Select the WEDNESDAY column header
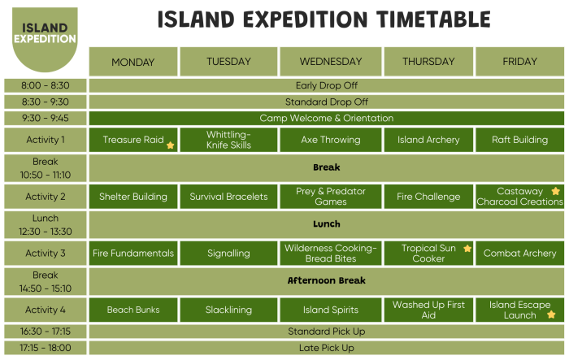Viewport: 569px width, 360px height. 331,62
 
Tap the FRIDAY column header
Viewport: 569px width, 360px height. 519,62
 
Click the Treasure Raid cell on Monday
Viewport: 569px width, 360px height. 133,140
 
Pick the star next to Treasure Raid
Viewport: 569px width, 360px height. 171,145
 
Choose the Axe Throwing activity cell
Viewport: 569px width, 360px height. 331,140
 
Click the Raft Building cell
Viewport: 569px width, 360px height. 519,140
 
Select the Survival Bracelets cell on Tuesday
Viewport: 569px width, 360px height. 228,197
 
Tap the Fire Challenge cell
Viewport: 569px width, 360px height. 428,197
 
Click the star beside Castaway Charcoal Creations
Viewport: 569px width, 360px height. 556,192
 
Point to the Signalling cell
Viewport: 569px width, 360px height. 228,254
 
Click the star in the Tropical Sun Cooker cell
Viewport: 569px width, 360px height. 467,249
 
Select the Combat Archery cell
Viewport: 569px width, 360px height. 519,254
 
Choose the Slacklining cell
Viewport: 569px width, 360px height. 228,310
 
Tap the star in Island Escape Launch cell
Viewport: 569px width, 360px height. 551,314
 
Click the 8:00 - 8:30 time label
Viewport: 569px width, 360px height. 46,85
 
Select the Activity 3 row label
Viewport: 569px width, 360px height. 46,254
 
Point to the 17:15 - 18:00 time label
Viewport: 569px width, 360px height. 46,348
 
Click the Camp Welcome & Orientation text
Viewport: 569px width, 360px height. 326,118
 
